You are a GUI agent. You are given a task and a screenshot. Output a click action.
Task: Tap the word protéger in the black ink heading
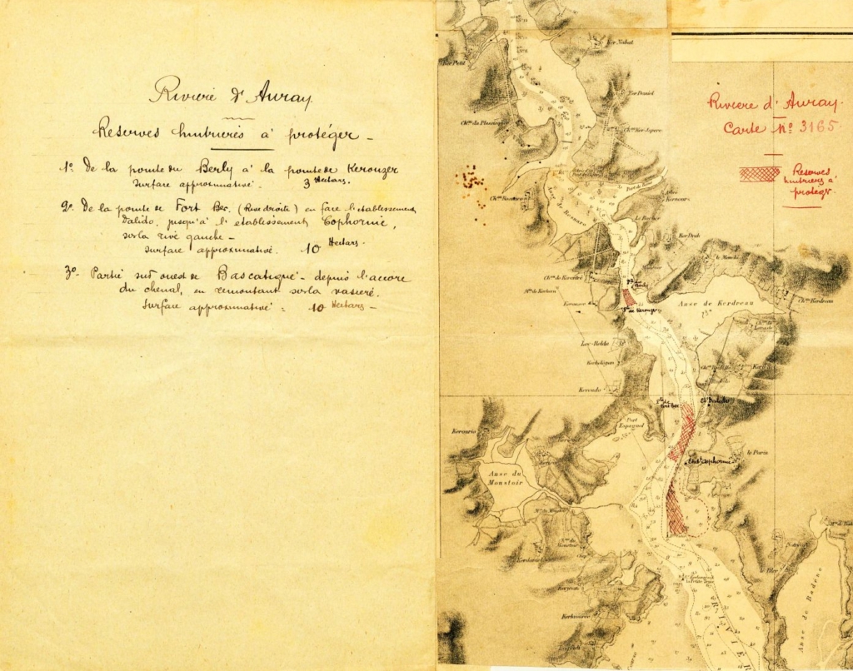coord(320,133)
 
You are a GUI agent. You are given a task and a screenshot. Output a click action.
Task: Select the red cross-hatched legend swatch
coord(759,173)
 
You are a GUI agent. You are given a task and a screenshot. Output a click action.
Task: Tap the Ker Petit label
coord(453,62)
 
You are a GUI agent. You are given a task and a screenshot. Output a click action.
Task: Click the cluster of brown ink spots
coord(471,181)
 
